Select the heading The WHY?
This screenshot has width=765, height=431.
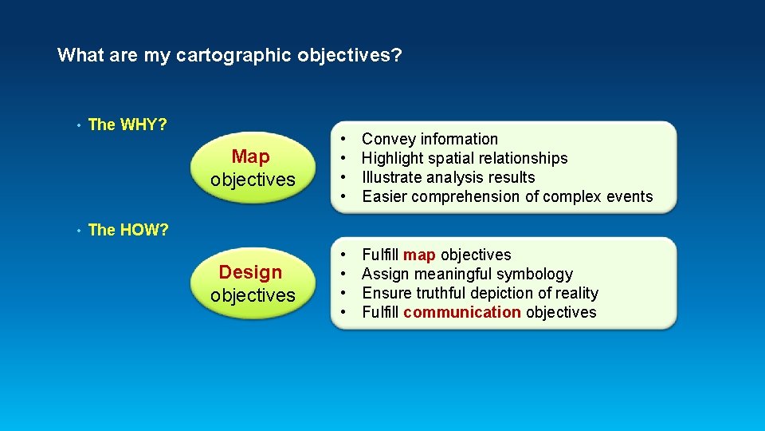click(127, 125)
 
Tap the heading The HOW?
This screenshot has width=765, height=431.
click(127, 230)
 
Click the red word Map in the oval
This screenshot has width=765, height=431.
click(251, 157)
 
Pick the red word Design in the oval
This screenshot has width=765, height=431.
click(251, 272)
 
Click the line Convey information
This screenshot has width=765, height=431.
click(430, 140)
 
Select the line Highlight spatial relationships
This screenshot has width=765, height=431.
click(465, 159)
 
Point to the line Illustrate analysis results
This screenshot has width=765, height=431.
click(448, 178)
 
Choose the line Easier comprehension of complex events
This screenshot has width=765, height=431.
click(507, 197)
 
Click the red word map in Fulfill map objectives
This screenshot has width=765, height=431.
click(419, 255)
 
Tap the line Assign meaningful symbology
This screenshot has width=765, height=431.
click(467, 275)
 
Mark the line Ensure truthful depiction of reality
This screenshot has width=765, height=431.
click(480, 294)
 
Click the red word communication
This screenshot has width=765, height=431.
click(462, 313)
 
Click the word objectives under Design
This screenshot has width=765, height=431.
click(253, 295)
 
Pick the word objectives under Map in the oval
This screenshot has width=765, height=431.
click(253, 180)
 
